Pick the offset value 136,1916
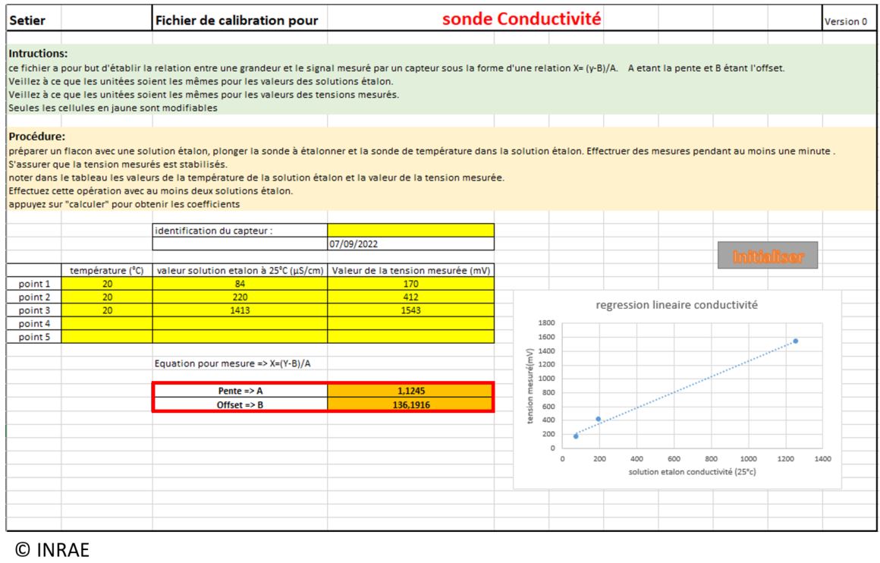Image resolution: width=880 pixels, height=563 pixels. (410, 404)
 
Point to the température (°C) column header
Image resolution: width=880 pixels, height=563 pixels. (107, 270)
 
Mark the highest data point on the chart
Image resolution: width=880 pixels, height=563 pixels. (795, 341)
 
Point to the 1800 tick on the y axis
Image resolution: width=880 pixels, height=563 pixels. (545, 323)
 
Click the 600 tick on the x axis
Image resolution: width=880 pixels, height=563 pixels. (674, 459)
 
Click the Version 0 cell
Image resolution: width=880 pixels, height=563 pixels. (845, 22)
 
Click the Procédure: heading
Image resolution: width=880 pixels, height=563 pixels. (37, 137)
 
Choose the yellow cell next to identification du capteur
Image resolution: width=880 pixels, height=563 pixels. (410, 230)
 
